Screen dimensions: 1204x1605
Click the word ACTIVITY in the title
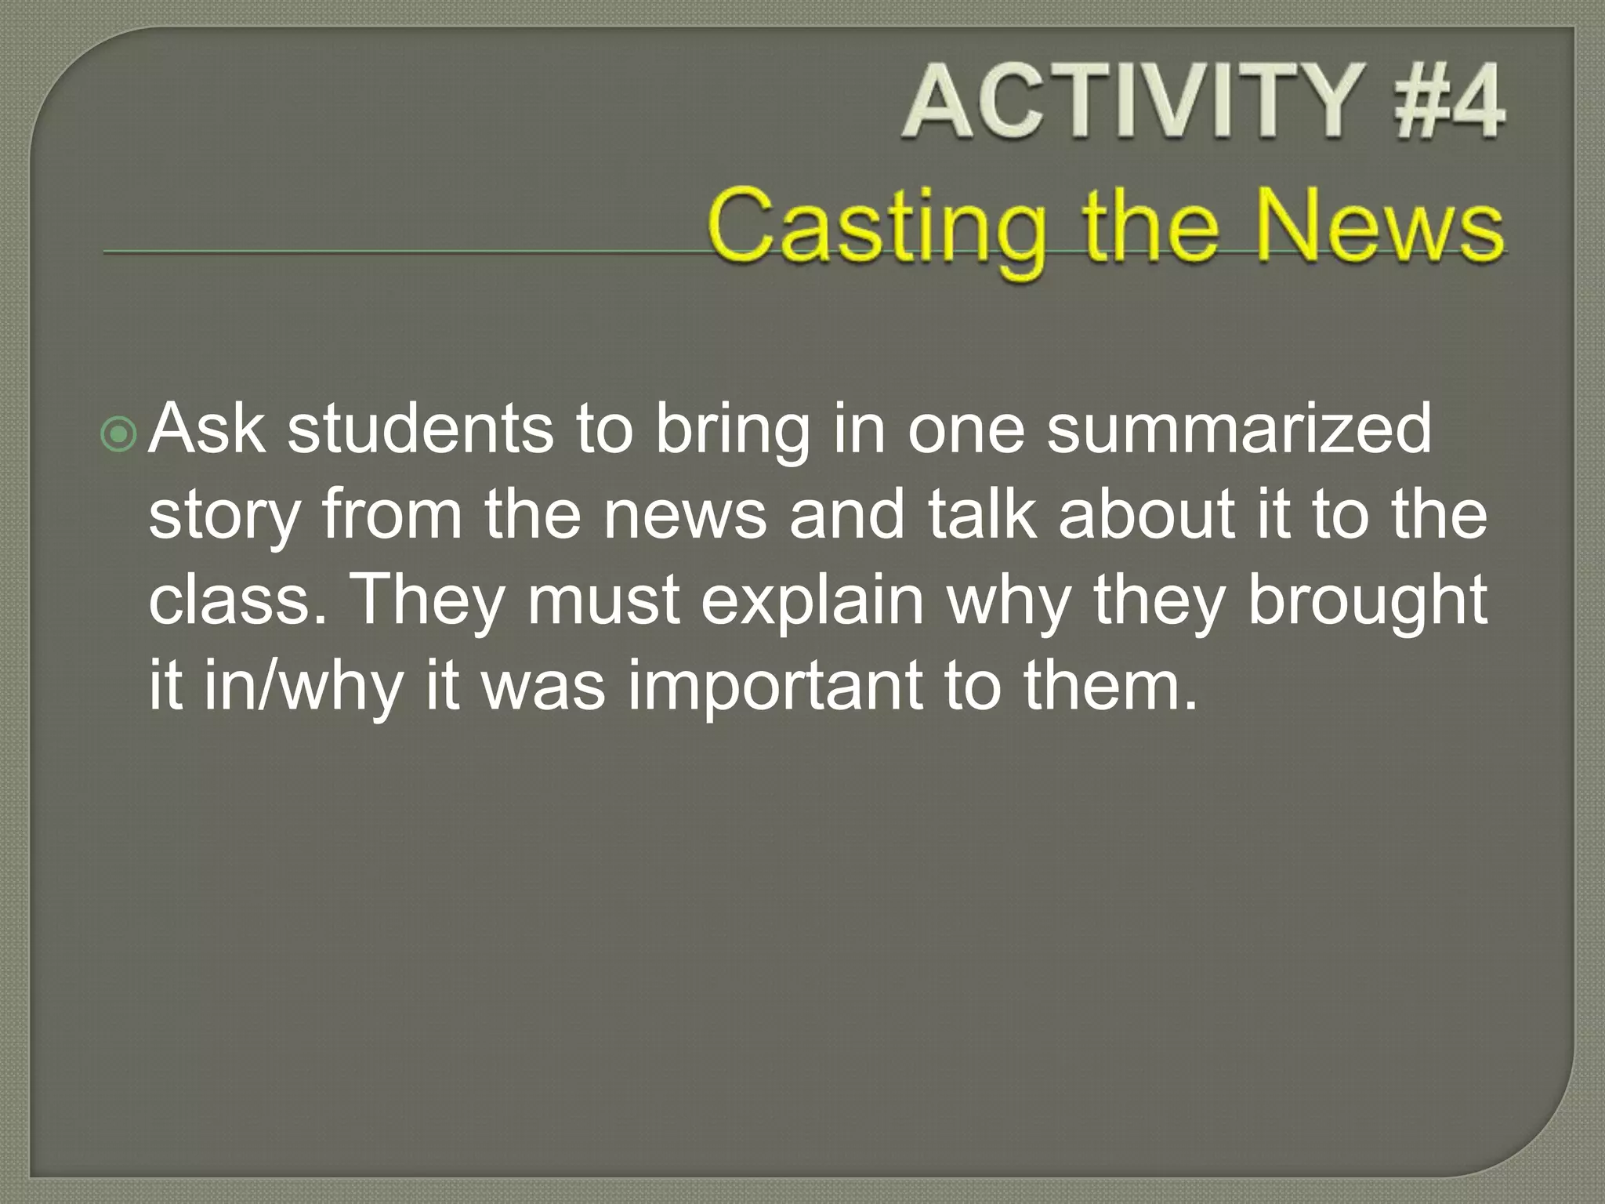click(x=1129, y=103)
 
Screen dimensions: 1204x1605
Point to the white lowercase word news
click(x=684, y=517)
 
